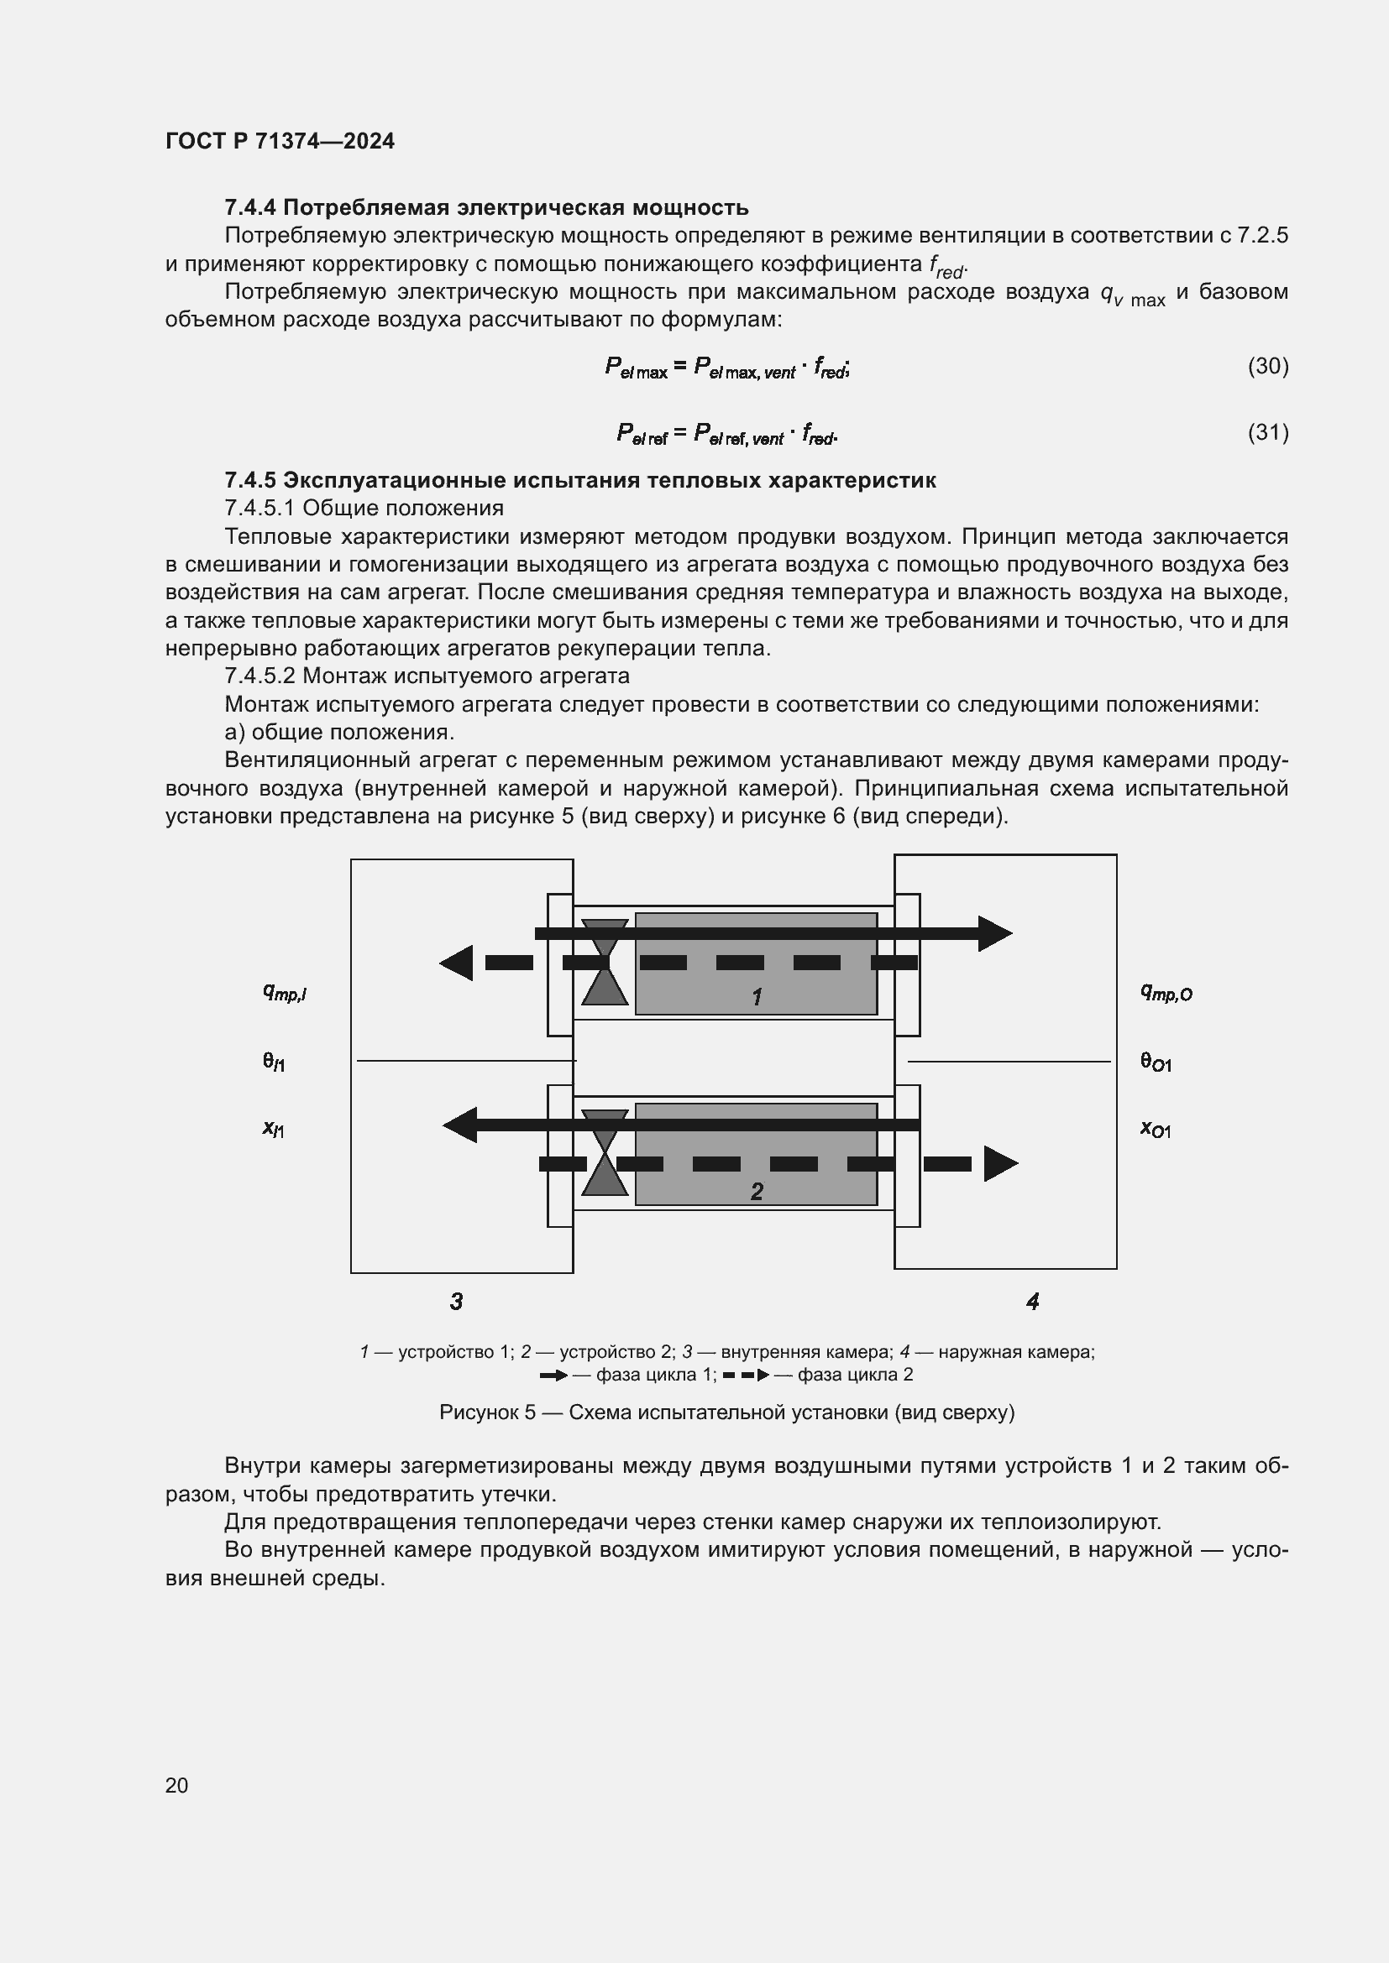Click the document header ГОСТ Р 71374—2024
point(280,141)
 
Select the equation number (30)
point(1267,366)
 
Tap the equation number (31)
point(1267,432)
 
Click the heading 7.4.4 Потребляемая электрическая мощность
point(485,208)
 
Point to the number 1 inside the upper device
point(756,997)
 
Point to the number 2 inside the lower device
point(756,1191)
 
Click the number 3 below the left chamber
point(456,1302)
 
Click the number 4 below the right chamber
point(1032,1302)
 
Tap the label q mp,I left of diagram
point(284,993)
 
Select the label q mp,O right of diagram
point(1166,993)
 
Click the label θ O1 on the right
point(1156,1062)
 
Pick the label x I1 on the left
point(274,1130)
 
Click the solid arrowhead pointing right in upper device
point(993,933)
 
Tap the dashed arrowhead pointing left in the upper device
point(458,963)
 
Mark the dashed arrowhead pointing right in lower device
point(999,1163)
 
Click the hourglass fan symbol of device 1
point(605,963)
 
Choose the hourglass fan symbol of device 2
point(605,1153)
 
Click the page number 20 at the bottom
point(176,1785)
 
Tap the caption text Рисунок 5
point(487,1412)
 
